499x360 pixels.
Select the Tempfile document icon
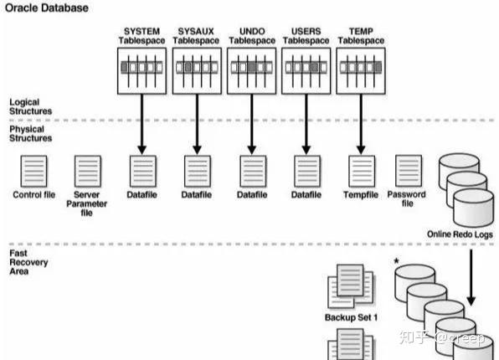tap(360, 172)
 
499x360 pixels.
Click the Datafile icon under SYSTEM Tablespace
tap(141, 172)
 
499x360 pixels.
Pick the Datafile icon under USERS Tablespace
tap(306, 172)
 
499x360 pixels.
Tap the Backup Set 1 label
tap(351, 317)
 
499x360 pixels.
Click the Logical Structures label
tap(30, 105)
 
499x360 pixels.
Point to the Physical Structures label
tap(30, 134)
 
